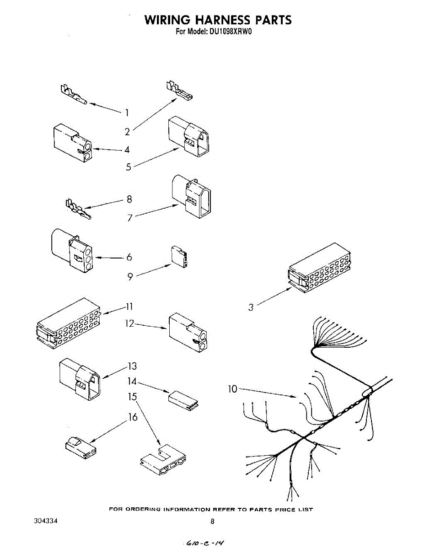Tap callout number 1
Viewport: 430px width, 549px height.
[127, 112]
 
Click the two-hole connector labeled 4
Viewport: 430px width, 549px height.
[71, 143]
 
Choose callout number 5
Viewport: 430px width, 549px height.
[129, 167]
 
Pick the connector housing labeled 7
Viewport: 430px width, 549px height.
[192, 196]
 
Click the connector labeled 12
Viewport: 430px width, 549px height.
[187, 333]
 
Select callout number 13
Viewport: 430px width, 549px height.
[132, 366]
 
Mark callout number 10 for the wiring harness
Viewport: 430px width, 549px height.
[233, 389]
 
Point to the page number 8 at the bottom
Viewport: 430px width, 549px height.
[212, 521]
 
